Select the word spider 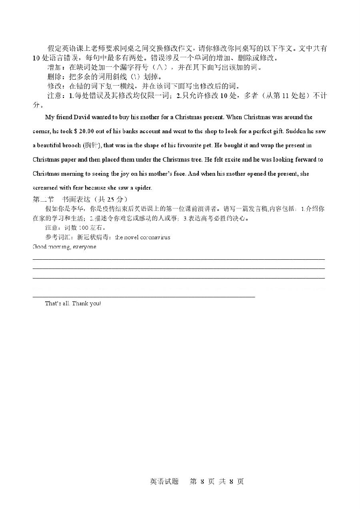(143, 188)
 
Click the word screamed (46, 188)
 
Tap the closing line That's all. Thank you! (73, 303)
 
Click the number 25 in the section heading (105, 199)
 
